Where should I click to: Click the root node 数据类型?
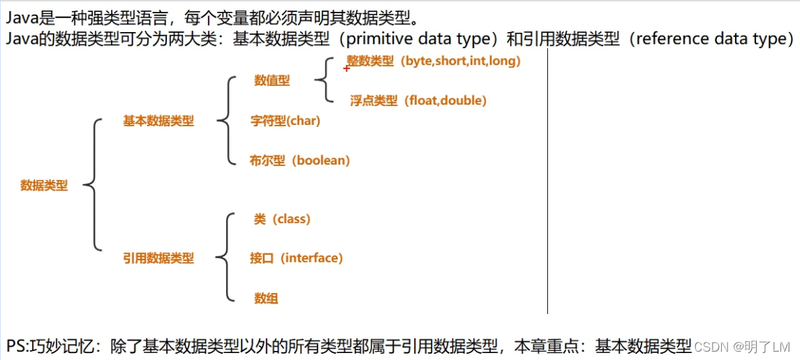coord(44,186)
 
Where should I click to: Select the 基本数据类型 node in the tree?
coord(158,121)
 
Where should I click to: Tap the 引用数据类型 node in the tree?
coord(158,258)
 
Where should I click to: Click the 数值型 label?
coord(272,80)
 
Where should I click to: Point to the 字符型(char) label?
coord(285,121)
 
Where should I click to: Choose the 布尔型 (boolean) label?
coord(299,160)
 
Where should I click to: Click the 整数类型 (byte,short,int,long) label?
coord(434,61)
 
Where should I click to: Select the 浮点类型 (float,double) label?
coord(418,100)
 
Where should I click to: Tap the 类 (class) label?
coord(282,219)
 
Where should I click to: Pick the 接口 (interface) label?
coord(296,258)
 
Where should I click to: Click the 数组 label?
coord(266,299)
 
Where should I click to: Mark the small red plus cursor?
coord(346,68)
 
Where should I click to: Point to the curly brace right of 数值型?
coord(322,80)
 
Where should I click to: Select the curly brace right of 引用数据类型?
coord(223,258)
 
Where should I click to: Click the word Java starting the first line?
coord(22,15)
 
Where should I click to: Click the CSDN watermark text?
coord(711,347)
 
